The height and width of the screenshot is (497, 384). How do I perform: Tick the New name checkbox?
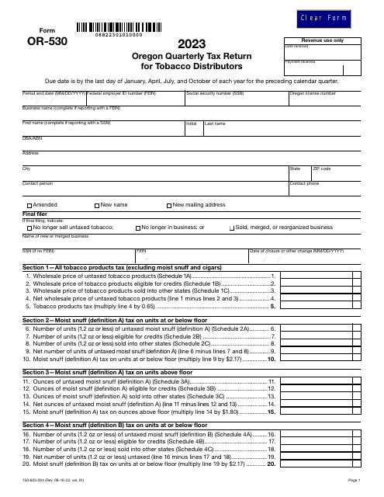[x=95, y=205]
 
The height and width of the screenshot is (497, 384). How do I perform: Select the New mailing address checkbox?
[x=168, y=205]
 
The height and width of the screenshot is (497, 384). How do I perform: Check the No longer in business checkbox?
[x=137, y=228]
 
